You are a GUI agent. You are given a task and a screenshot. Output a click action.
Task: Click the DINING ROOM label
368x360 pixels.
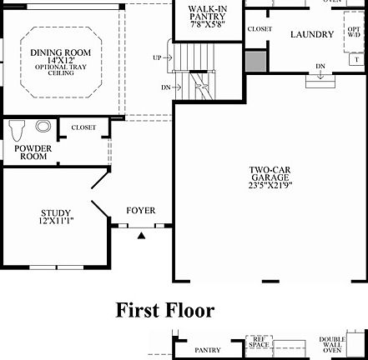click(x=63, y=53)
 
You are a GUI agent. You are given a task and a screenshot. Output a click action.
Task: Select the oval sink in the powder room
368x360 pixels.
click(x=43, y=127)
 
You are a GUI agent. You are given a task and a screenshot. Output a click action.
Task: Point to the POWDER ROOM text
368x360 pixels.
click(x=33, y=152)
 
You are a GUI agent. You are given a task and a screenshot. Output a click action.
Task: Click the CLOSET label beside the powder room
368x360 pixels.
click(x=83, y=127)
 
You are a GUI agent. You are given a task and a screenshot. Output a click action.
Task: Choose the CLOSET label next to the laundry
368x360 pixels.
click(x=260, y=29)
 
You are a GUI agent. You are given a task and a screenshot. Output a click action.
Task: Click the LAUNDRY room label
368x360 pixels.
click(x=312, y=35)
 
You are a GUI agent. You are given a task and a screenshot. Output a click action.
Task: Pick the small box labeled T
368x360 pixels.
click(x=357, y=60)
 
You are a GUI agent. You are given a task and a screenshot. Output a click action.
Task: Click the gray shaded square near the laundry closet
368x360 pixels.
click(x=256, y=61)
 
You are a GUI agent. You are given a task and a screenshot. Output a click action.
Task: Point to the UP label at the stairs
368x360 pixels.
click(x=158, y=57)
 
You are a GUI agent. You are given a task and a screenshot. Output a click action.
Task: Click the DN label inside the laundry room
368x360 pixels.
click(x=320, y=67)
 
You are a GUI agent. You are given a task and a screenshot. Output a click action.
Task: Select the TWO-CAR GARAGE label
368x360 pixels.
click(x=270, y=174)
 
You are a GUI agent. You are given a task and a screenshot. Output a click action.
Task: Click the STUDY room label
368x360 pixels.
click(x=56, y=212)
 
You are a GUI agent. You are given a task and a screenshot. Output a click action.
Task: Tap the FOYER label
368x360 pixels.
click(x=141, y=211)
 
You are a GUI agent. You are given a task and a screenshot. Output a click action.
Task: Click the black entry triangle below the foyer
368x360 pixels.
click(x=141, y=236)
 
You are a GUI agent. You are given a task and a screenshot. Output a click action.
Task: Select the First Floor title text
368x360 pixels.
click(x=164, y=311)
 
